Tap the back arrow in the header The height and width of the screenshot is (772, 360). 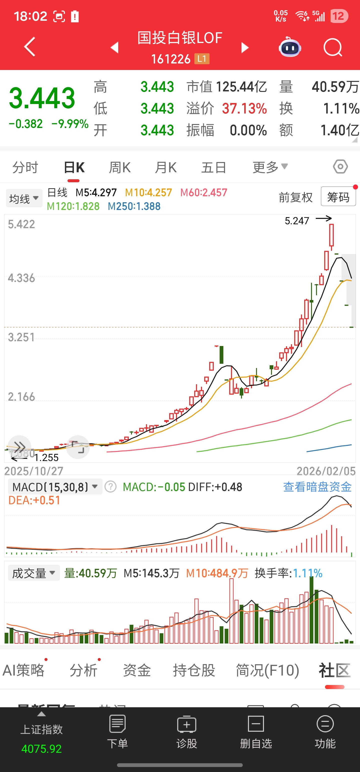click(x=30, y=47)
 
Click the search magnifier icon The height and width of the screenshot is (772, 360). click(x=332, y=47)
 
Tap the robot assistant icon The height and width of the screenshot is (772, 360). click(x=289, y=47)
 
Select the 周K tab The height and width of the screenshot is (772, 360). click(x=119, y=167)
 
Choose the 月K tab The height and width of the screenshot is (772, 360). click(x=166, y=167)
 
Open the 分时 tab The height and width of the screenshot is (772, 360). click(x=25, y=167)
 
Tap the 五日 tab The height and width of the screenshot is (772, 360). click(x=213, y=167)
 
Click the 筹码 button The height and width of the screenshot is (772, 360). click(x=338, y=197)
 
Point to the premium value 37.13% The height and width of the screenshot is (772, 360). click(x=244, y=108)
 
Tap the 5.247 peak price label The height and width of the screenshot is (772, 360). click(x=297, y=221)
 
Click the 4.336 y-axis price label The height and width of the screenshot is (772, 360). click(x=21, y=278)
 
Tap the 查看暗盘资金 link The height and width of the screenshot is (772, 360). click(x=317, y=487)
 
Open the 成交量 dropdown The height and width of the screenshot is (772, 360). click(x=33, y=573)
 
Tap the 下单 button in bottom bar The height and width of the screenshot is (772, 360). click(x=117, y=731)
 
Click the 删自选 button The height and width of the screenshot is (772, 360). click(x=256, y=731)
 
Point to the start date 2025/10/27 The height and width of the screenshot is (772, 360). click(x=33, y=471)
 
